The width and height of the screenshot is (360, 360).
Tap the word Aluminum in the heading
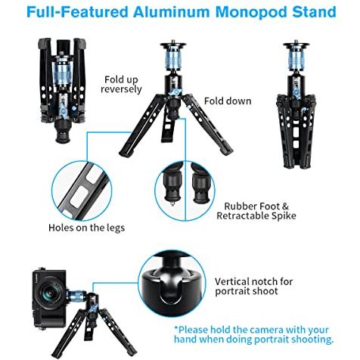point(171,12)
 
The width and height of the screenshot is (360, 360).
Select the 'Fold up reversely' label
point(121,85)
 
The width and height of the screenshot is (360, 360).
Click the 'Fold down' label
point(228,101)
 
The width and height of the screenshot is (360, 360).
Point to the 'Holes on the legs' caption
point(86,228)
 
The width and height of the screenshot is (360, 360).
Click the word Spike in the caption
point(284,216)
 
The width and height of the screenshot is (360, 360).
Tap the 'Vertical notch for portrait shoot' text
point(253,286)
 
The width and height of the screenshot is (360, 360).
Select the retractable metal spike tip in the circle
point(172,203)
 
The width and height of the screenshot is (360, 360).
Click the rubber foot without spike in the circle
point(200,186)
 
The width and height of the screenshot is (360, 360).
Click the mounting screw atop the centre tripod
point(173,42)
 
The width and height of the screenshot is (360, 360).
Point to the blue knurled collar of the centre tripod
point(173,59)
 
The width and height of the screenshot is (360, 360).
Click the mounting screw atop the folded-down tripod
point(296,42)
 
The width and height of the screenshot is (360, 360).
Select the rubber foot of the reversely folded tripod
point(62,132)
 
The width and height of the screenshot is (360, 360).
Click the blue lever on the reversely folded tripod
point(63,113)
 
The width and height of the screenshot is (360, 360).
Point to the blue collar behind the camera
point(76,296)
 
